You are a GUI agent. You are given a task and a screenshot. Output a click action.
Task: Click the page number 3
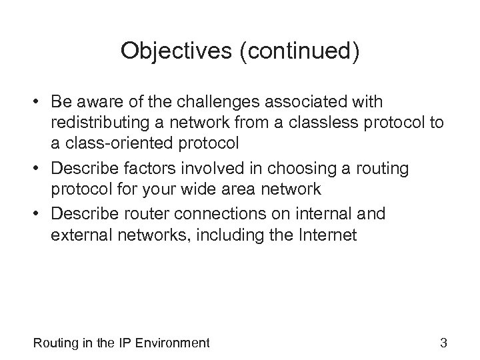tap(443, 343)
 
